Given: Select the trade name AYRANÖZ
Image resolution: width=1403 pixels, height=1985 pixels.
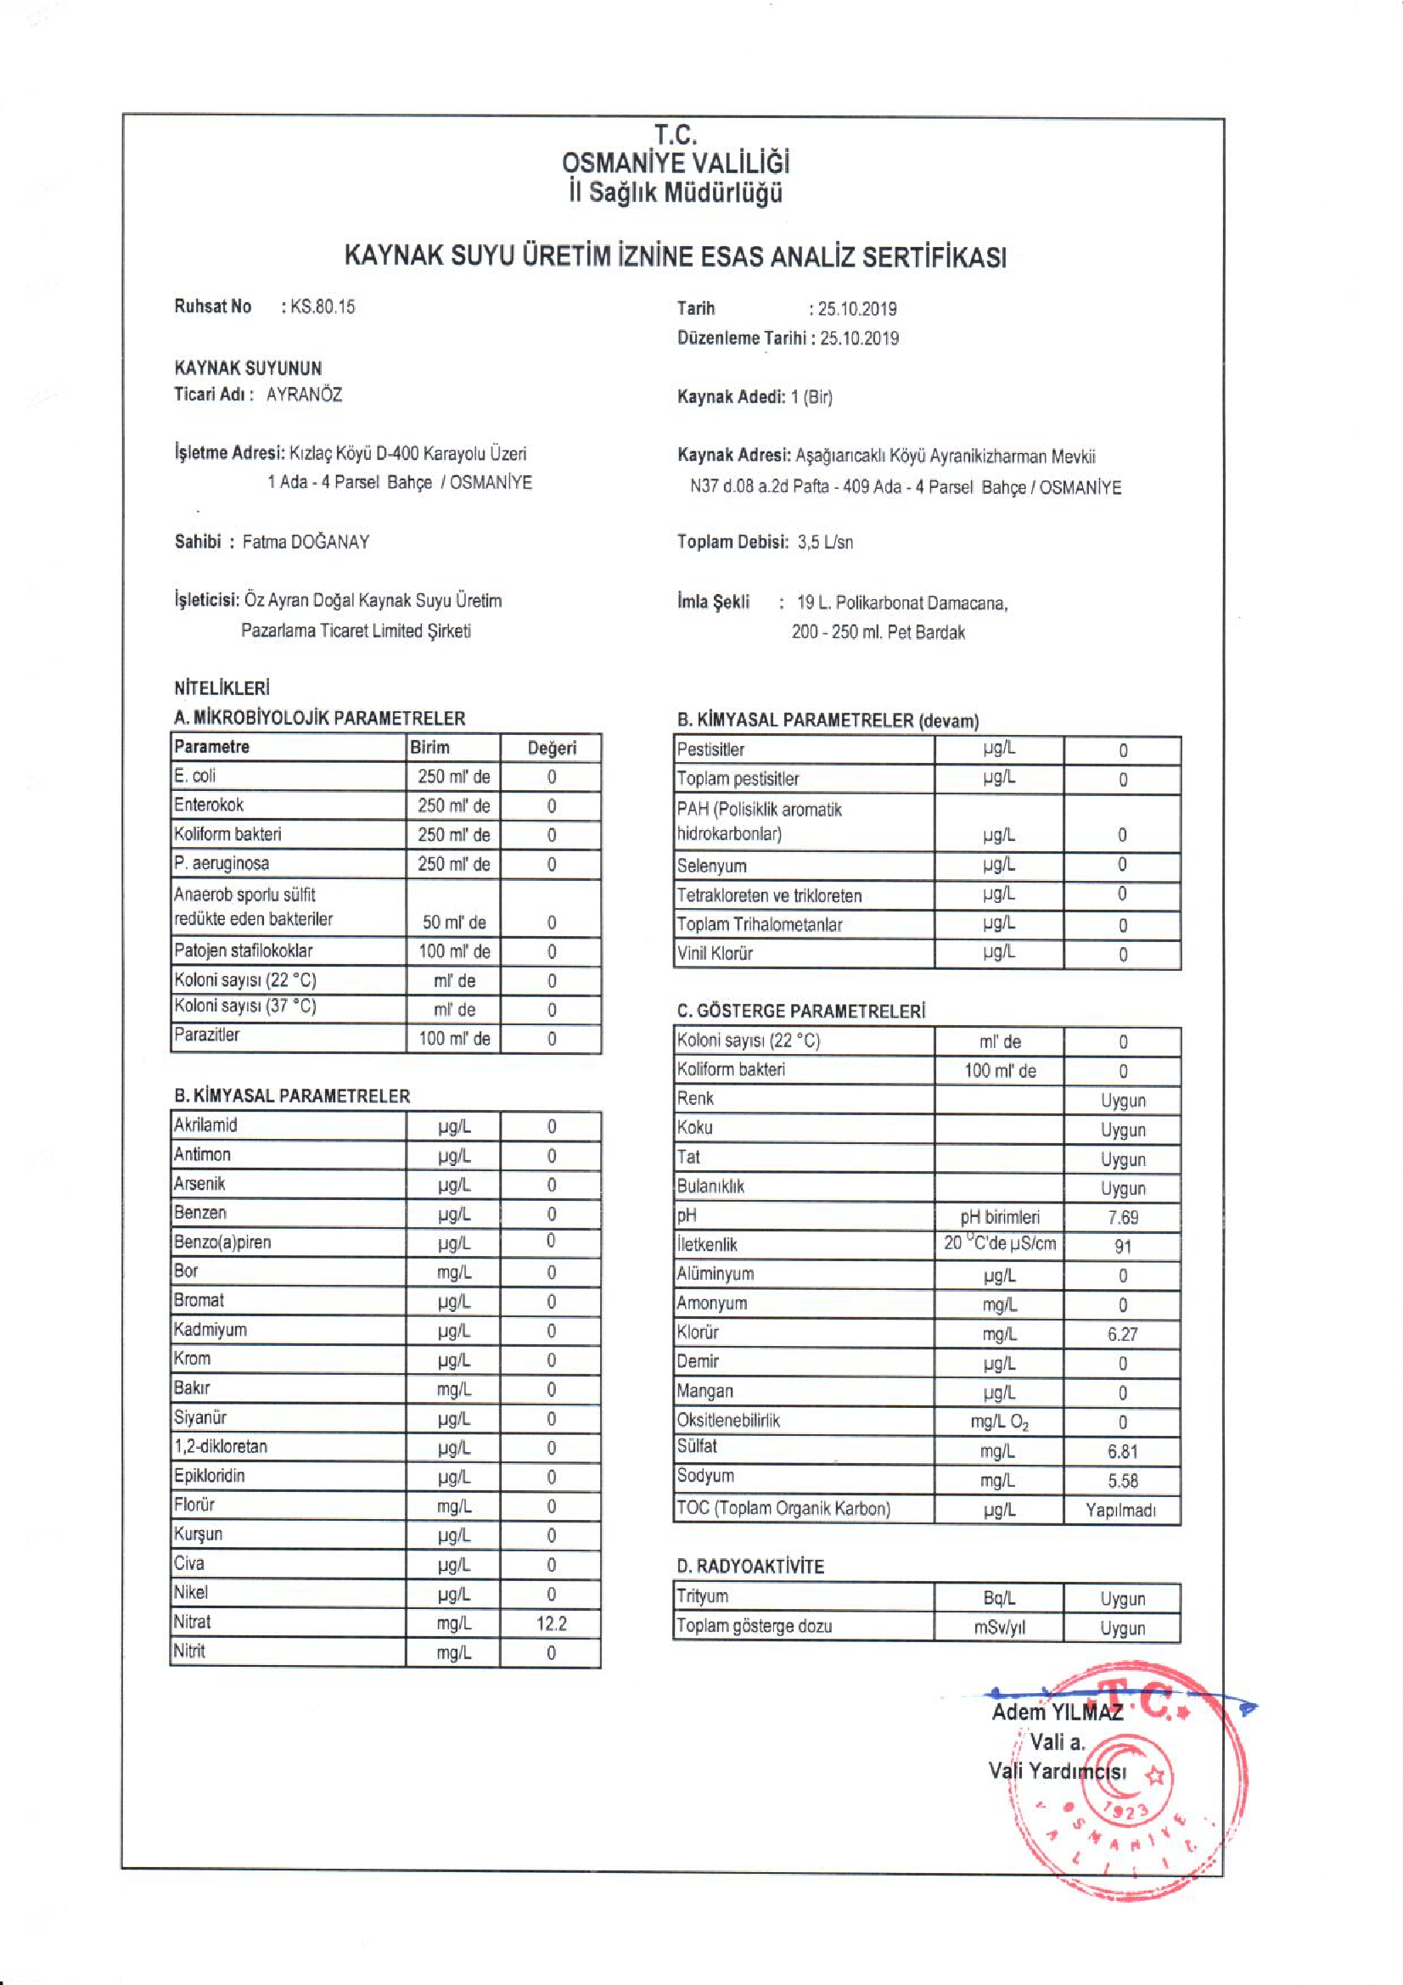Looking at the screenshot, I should [x=305, y=395].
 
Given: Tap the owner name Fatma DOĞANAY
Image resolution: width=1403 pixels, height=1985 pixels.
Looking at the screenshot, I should [x=306, y=542].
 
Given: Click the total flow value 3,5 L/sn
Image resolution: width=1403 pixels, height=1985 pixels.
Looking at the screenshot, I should [x=826, y=542].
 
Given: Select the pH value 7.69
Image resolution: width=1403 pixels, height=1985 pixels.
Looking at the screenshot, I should [x=1122, y=1217].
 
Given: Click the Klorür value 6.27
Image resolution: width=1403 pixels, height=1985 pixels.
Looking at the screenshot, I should [x=1122, y=1334].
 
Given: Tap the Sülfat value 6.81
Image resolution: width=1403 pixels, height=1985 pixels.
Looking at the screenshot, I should [x=1122, y=1451].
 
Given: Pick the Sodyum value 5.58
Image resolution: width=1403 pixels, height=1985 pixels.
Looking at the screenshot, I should [x=1122, y=1481].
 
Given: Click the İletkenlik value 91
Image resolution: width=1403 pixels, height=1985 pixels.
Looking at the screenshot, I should [x=1122, y=1247].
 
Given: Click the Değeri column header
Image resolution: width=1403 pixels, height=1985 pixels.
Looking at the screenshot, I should [x=552, y=748].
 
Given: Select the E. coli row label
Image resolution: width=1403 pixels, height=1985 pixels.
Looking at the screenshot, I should [x=194, y=777].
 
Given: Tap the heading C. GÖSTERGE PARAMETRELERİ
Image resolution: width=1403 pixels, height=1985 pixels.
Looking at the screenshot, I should [x=800, y=1011].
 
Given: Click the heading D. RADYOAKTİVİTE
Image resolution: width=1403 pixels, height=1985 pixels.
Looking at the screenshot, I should [x=750, y=1567].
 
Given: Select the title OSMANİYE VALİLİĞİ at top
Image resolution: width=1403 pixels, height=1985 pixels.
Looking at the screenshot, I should [x=675, y=164].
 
